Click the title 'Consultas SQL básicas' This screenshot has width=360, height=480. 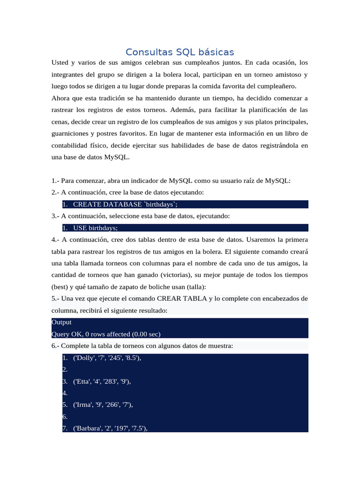click(180, 52)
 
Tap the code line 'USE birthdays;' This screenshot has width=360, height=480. click(95, 228)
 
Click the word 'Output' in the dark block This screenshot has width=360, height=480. click(61, 322)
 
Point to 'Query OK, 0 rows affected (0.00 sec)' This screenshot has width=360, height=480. click(106, 334)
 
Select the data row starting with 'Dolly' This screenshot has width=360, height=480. click(107, 358)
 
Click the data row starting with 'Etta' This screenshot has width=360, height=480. click(102, 382)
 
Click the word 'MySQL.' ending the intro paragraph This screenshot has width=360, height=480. click(116, 157)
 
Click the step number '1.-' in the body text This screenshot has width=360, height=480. click(56, 181)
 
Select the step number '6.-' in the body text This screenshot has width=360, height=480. click(56, 346)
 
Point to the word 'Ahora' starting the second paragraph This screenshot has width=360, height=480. click(60, 98)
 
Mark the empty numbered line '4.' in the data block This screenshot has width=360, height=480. click(65, 393)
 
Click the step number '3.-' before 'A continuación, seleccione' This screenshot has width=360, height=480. click(56, 216)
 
